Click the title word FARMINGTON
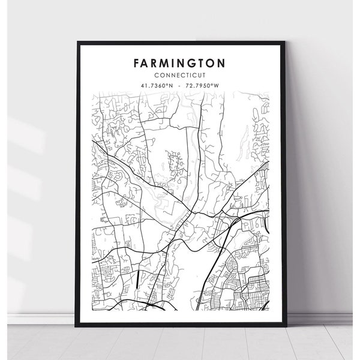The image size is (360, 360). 180,62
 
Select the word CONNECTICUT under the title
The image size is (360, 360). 180,74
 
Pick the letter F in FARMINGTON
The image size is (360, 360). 137,62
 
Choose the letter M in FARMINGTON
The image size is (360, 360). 164,62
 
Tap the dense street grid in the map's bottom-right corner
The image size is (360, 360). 246,282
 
